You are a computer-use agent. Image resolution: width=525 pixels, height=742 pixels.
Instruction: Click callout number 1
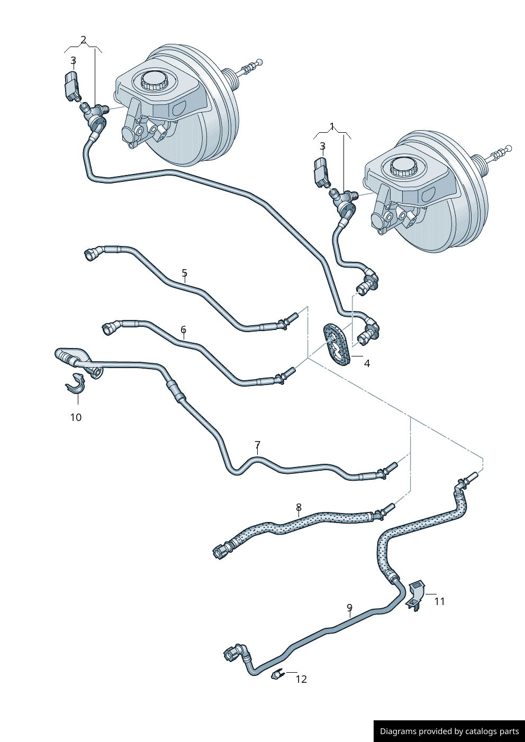(332, 126)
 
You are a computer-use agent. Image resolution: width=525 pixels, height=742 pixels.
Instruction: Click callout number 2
(83, 40)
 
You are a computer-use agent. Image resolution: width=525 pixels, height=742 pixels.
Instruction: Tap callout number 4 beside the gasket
(367, 363)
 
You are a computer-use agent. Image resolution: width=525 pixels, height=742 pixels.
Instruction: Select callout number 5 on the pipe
(184, 273)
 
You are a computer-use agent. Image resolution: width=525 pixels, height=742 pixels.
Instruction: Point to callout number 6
(183, 329)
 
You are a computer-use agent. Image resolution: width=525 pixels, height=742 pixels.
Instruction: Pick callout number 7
(258, 445)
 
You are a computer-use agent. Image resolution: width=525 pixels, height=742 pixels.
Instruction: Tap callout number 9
(349, 608)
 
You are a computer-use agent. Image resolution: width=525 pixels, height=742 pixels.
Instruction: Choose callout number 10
(76, 417)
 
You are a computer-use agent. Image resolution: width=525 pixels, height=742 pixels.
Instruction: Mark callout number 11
(439, 601)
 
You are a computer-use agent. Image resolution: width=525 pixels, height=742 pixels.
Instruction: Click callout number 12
(301, 679)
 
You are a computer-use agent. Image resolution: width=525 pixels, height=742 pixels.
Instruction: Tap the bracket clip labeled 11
(415, 596)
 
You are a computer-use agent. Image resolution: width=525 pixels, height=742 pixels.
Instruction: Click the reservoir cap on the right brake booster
(404, 166)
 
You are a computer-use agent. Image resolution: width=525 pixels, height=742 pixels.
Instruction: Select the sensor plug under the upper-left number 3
(71, 86)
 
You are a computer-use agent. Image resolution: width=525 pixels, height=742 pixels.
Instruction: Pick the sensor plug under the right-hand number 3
(321, 172)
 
